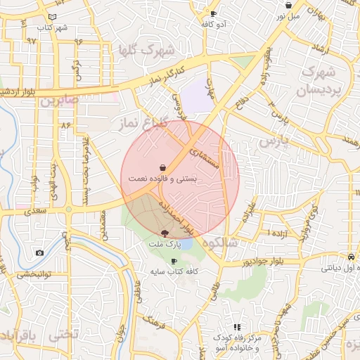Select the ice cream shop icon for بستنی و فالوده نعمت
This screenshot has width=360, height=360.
[163, 167]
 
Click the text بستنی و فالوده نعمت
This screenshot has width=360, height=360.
[162, 179]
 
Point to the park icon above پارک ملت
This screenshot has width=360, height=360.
[165, 233]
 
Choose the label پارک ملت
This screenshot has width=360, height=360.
[165, 244]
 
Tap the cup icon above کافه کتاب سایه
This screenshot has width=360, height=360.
[174, 262]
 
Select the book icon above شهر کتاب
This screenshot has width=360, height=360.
[53, 17]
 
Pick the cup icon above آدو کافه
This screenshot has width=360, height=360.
[213, 13]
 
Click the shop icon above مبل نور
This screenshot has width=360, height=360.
[288, 6]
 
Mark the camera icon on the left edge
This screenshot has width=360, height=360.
[39, 252]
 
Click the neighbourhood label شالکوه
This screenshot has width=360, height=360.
[220, 243]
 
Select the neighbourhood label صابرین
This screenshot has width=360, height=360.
[56, 101]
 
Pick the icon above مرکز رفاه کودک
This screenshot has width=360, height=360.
[237, 327]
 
